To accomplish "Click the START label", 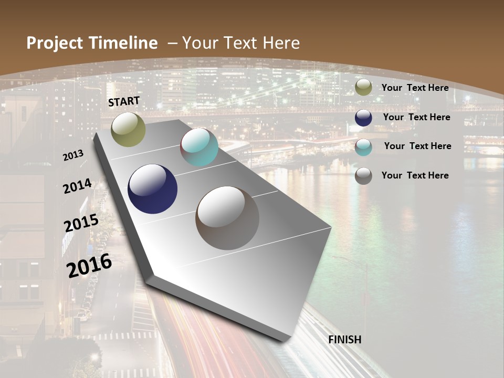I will (x=124, y=101).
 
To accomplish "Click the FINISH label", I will (x=345, y=340).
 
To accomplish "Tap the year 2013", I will (x=73, y=155).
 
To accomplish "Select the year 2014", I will (x=77, y=186).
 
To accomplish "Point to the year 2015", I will (x=81, y=223).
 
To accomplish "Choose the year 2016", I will (x=89, y=265).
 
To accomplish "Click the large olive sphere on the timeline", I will (x=128, y=129).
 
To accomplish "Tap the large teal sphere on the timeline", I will (x=199, y=147).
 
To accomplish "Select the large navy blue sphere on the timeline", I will (x=153, y=189).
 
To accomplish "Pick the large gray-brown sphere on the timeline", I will (x=227, y=218).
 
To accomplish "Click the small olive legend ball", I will (x=363, y=88).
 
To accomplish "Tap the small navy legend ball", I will (x=363, y=118).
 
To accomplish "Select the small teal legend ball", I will (x=363, y=147).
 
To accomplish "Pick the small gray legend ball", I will (x=363, y=176).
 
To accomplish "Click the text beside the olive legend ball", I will (x=415, y=88).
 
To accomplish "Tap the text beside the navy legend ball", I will (x=416, y=117).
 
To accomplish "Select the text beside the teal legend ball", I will (x=417, y=146).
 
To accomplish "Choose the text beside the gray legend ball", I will (x=415, y=175).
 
